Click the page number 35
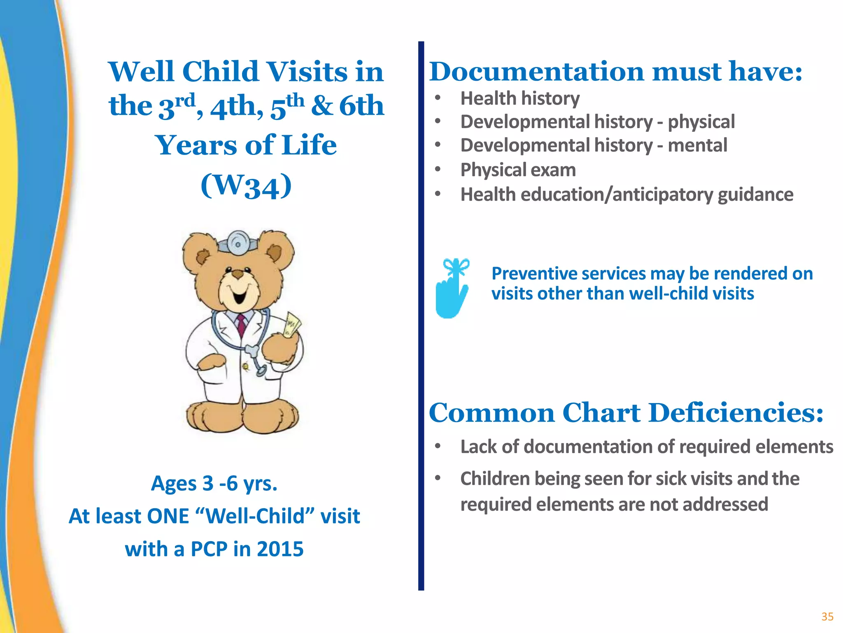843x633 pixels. pos(827,617)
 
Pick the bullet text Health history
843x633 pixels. pos(519,98)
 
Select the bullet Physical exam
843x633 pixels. pos(518,170)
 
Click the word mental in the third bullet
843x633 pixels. pos(697,145)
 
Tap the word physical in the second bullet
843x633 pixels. pos(701,122)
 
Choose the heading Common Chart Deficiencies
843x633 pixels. pos(626,413)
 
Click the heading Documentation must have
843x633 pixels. pos(615,71)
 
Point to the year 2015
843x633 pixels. pos(280,549)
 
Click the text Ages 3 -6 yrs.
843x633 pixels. pos(214,483)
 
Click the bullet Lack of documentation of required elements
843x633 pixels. pos(646,447)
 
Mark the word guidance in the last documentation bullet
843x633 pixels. pos(755,195)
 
